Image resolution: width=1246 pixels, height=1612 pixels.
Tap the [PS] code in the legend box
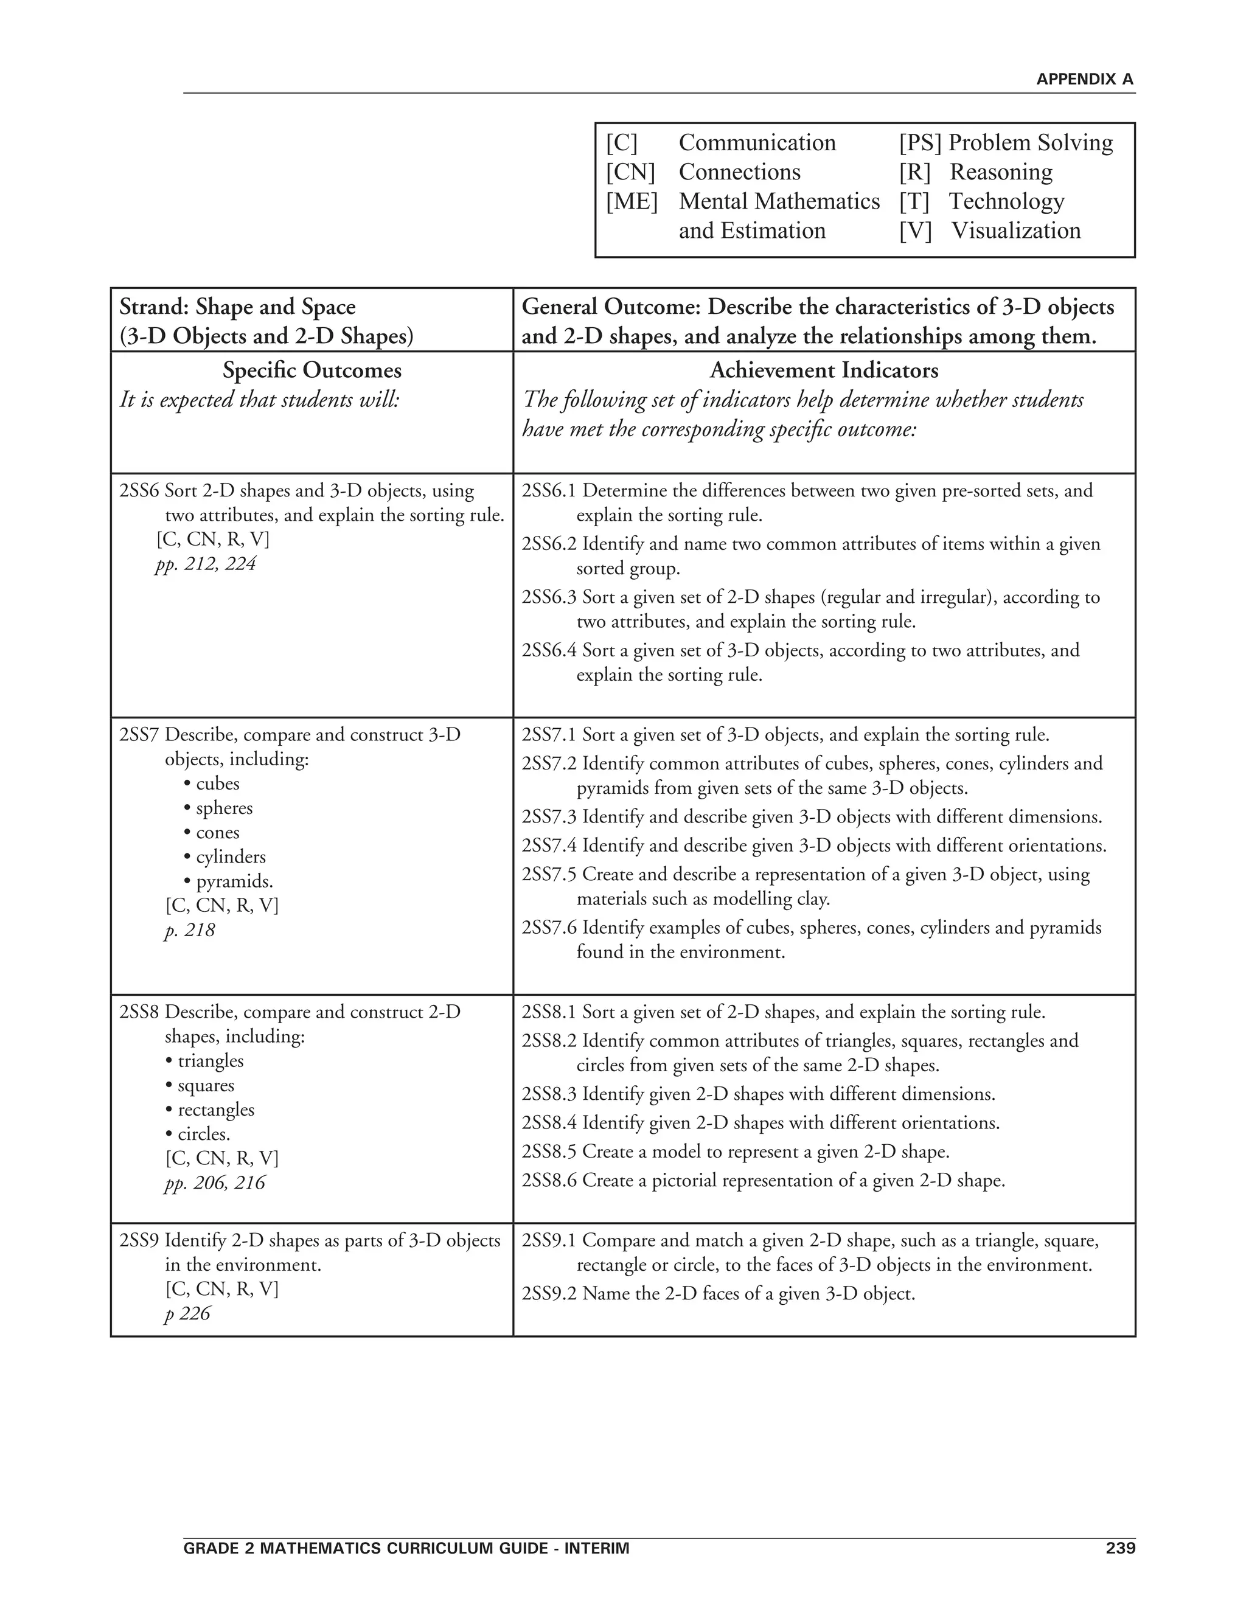(920, 142)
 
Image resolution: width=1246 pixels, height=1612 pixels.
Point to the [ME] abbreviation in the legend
(631, 201)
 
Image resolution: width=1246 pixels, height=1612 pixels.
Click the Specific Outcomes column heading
(311, 370)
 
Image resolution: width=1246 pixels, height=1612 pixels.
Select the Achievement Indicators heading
(824, 370)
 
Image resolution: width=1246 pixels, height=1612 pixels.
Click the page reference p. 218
(190, 930)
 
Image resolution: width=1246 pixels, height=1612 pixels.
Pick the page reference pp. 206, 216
(214, 1183)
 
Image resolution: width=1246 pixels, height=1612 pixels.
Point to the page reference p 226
(187, 1314)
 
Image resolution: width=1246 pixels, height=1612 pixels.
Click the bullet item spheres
(224, 808)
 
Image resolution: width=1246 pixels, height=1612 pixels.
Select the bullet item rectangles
(215, 1110)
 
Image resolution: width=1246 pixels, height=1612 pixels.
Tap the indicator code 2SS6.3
(548, 597)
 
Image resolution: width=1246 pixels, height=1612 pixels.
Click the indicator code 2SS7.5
(548, 875)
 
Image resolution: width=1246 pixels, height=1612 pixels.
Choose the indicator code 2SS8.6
(548, 1181)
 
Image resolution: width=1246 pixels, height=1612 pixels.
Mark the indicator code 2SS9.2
(548, 1294)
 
